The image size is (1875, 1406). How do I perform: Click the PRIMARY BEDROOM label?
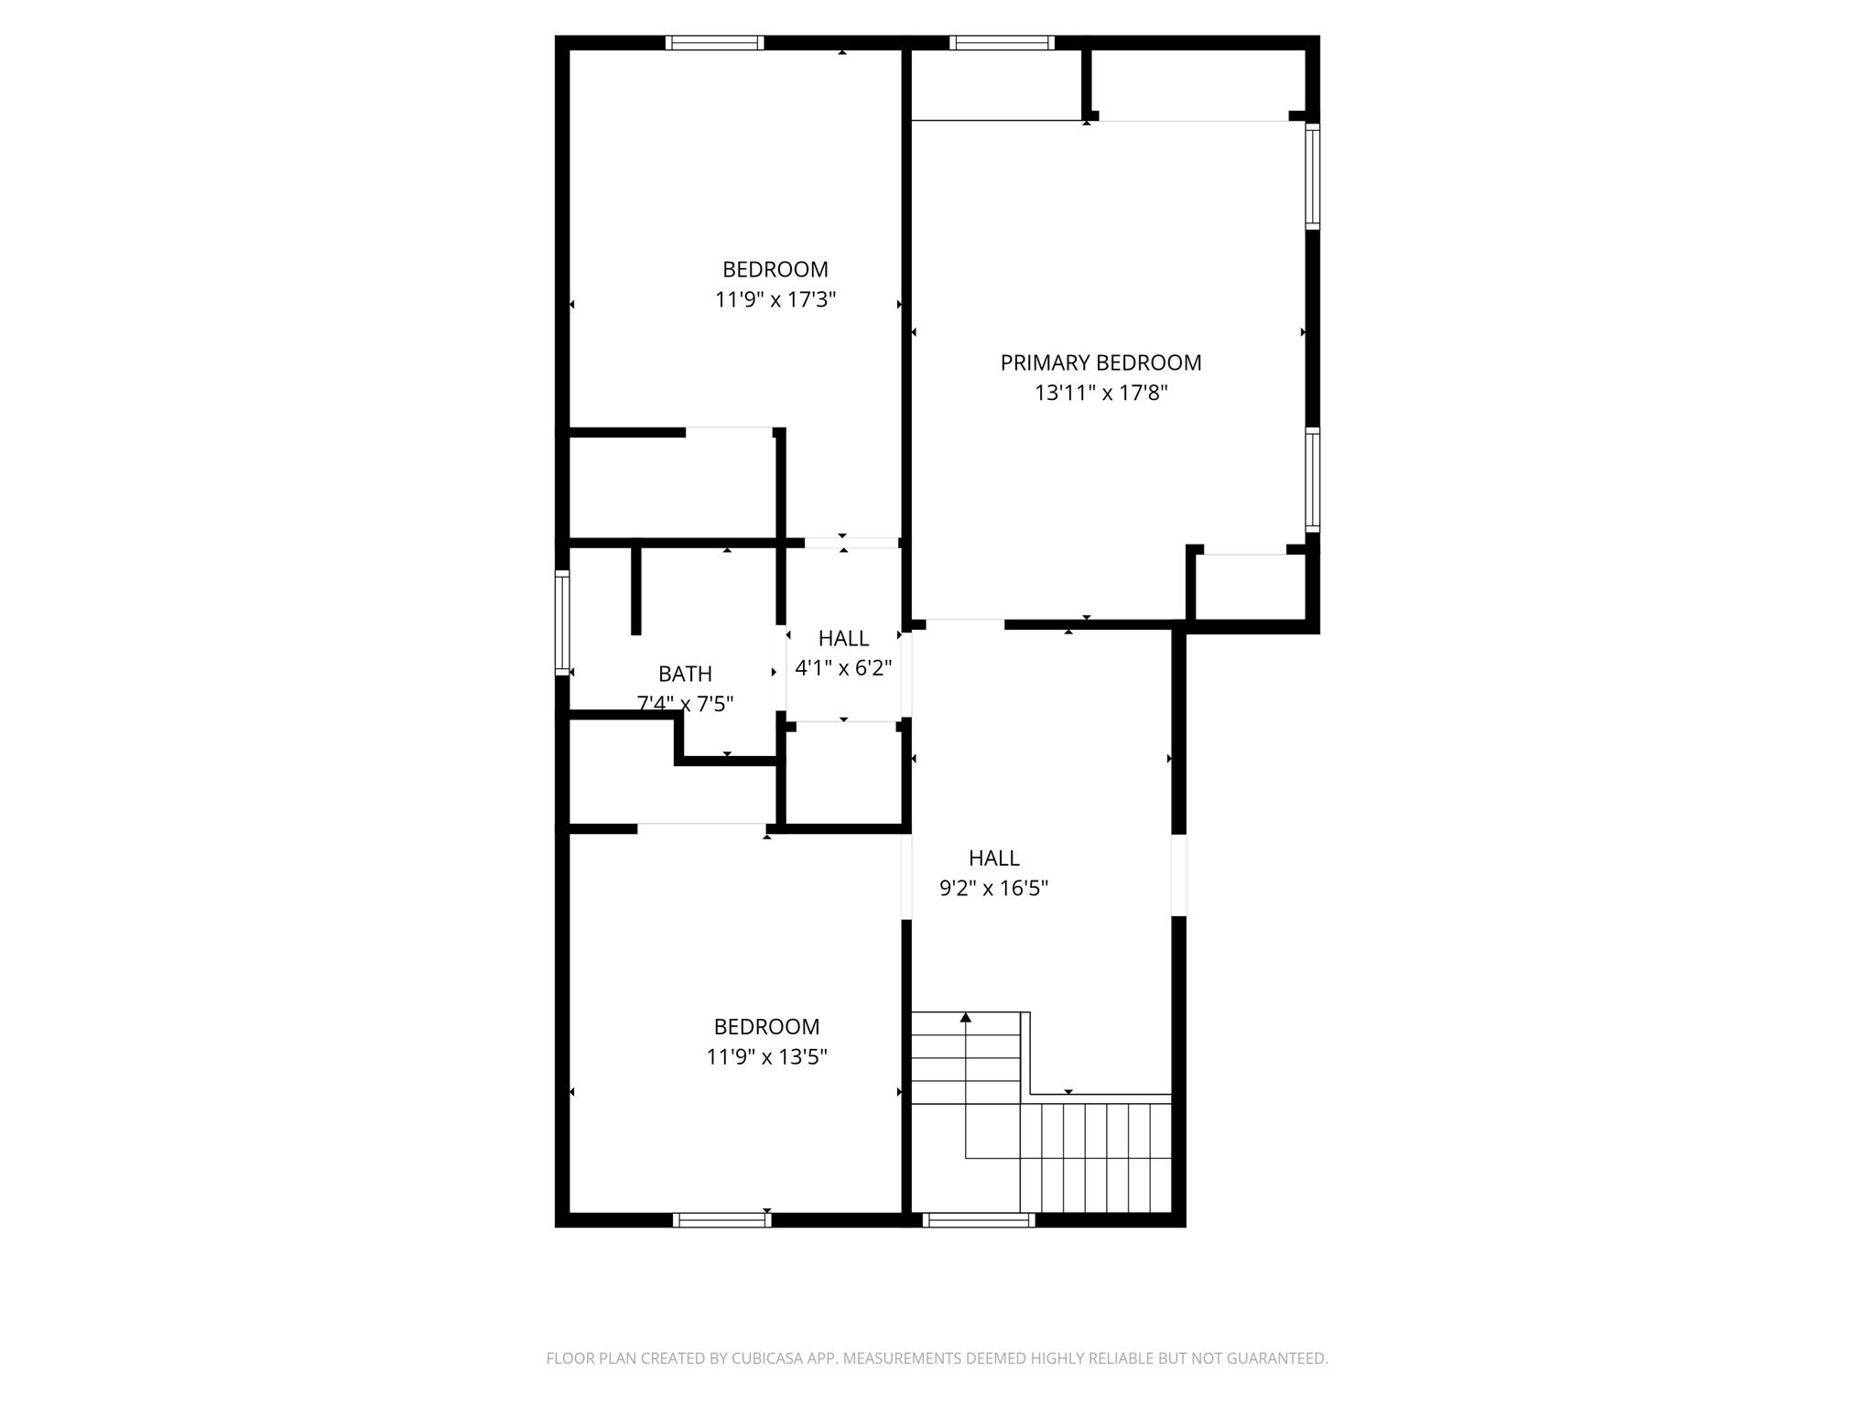(1100, 362)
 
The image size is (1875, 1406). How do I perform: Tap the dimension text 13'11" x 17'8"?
(1100, 394)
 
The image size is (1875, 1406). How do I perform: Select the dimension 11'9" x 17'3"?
(775, 300)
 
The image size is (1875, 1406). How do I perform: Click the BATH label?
(685, 674)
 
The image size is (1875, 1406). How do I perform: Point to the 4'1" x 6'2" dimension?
(843, 668)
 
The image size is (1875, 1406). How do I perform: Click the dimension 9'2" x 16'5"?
(993, 888)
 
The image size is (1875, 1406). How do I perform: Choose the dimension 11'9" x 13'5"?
(766, 1057)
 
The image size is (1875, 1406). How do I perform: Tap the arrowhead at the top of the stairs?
(965, 1017)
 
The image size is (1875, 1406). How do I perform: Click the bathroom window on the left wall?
(562, 622)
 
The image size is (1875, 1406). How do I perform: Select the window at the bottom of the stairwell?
(979, 1219)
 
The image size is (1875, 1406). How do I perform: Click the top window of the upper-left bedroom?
(714, 42)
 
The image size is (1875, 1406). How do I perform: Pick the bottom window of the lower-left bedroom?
(721, 1219)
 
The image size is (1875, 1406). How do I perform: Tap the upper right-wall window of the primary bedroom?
(1312, 176)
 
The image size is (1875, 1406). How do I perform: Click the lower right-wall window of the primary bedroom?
(1312, 479)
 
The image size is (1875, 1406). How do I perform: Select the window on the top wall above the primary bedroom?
(1002, 42)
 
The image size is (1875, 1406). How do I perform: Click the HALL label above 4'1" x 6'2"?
(843, 638)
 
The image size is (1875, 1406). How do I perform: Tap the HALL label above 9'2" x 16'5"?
(993, 858)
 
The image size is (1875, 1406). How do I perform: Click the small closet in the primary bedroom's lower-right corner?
(1251, 588)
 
